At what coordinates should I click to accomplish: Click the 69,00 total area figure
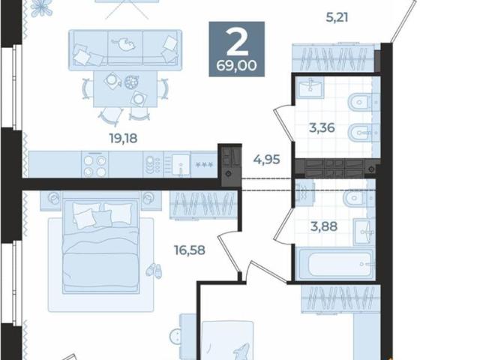tap(236, 65)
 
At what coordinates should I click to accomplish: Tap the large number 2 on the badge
tap(237, 43)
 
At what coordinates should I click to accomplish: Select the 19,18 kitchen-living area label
tap(123, 138)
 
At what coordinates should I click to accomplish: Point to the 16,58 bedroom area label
tap(190, 250)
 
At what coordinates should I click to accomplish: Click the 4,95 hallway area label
tap(267, 160)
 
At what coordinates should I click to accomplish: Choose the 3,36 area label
tap(322, 127)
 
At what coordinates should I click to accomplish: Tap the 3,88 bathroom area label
tap(324, 226)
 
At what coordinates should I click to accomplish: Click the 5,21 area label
tap(337, 17)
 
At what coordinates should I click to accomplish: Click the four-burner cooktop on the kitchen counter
tap(95, 165)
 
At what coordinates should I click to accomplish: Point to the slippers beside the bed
tap(154, 271)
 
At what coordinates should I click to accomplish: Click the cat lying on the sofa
tap(123, 45)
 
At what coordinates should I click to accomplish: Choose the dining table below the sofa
tap(125, 89)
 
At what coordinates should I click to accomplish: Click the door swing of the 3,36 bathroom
tap(284, 122)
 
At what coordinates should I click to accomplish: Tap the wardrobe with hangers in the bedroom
tap(203, 205)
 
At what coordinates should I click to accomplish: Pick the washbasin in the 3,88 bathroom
tap(364, 232)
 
